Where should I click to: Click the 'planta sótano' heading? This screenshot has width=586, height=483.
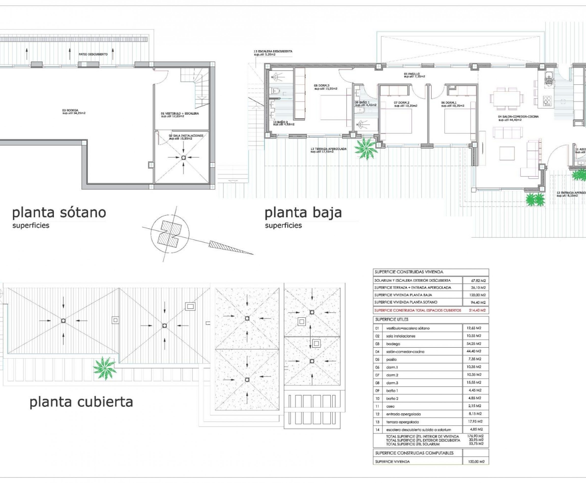[x=59, y=213]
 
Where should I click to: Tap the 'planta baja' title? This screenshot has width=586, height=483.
[x=303, y=213]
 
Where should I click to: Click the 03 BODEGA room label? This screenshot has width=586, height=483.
[x=74, y=112]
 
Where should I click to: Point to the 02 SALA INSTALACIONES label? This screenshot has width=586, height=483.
[x=186, y=137]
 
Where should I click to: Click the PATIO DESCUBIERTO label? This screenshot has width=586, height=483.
[x=93, y=54]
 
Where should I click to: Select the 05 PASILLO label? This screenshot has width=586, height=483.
[x=414, y=75]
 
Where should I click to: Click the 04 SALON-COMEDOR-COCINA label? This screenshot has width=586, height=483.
[x=518, y=118]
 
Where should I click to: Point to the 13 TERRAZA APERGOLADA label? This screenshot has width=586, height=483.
[x=329, y=150]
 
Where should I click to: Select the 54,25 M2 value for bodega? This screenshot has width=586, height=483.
[x=474, y=344]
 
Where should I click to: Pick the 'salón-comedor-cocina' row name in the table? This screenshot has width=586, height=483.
[x=405, y=352]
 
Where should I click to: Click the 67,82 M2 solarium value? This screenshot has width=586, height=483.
[x=478, y=281]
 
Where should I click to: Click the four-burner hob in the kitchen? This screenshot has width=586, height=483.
[x=547, y=101]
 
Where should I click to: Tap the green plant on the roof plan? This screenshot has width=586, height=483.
[x=104, y=368]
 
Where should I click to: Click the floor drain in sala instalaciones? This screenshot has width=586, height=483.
[x=183, y=158]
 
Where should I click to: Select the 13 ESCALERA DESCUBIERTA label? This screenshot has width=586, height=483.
[x=273, y=53]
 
